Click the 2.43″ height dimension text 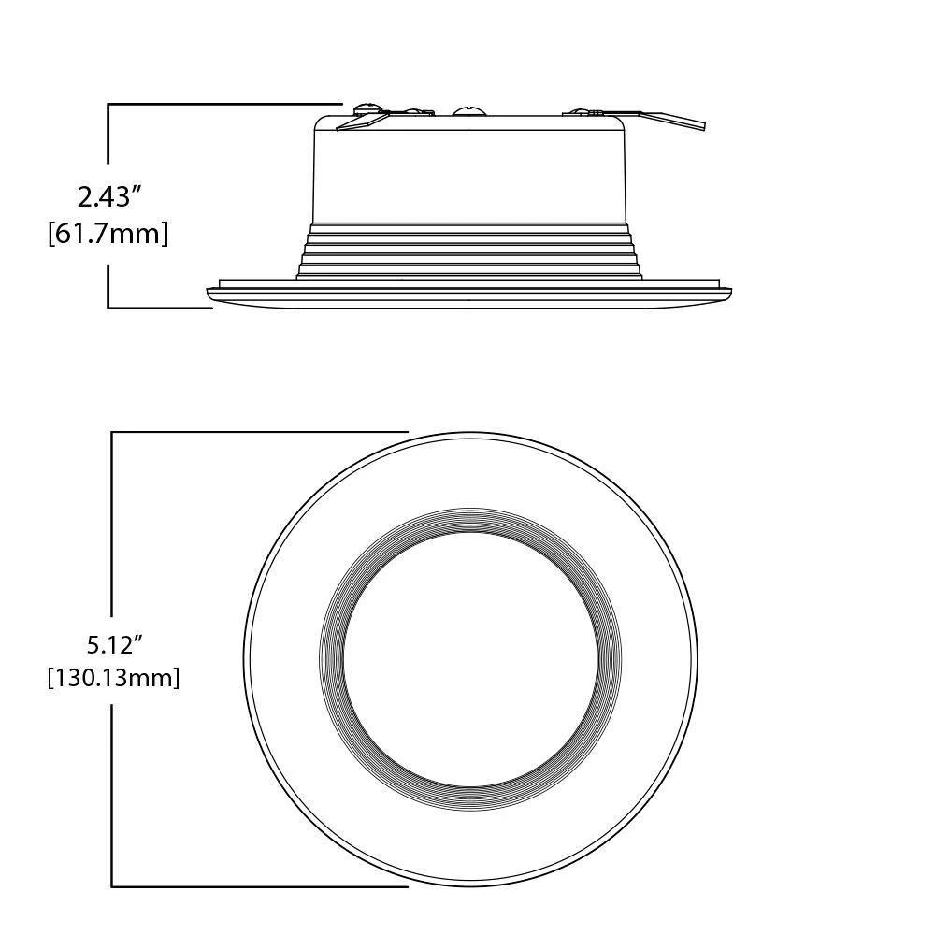point(108,197)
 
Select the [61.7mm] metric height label point(108,233)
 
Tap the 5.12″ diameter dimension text point(114,644)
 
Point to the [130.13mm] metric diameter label point(113,677)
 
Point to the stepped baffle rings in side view point(468,251)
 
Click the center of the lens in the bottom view point(470,659)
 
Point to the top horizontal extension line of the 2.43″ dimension point(224,104)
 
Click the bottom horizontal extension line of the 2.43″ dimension point(159,307)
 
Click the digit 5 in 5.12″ point(93,644)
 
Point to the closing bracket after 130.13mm point(176,678)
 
